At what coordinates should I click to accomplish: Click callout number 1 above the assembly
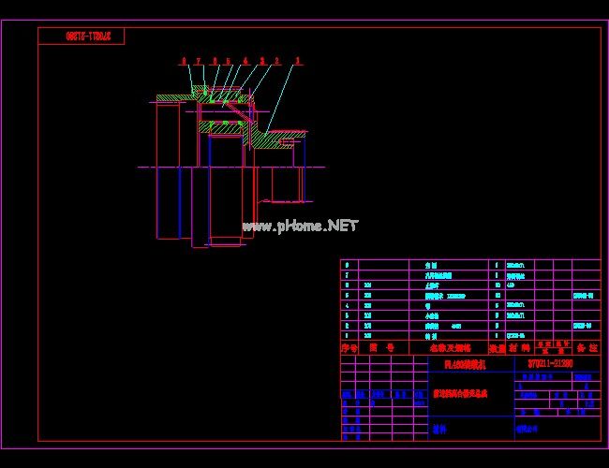click(298, 61)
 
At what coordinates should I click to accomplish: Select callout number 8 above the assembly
click(185, 61)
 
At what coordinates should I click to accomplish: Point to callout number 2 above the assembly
click(277, 61)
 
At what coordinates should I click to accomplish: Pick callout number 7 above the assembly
click(199, 61)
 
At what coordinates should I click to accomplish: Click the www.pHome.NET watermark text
click(300, 226)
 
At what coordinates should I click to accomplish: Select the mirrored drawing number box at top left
click(82, 37)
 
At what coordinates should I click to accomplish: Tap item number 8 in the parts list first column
click(348, 265)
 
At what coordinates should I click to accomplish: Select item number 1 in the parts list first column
click(348, 334)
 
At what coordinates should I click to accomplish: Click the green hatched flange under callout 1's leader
click(275, 139)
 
